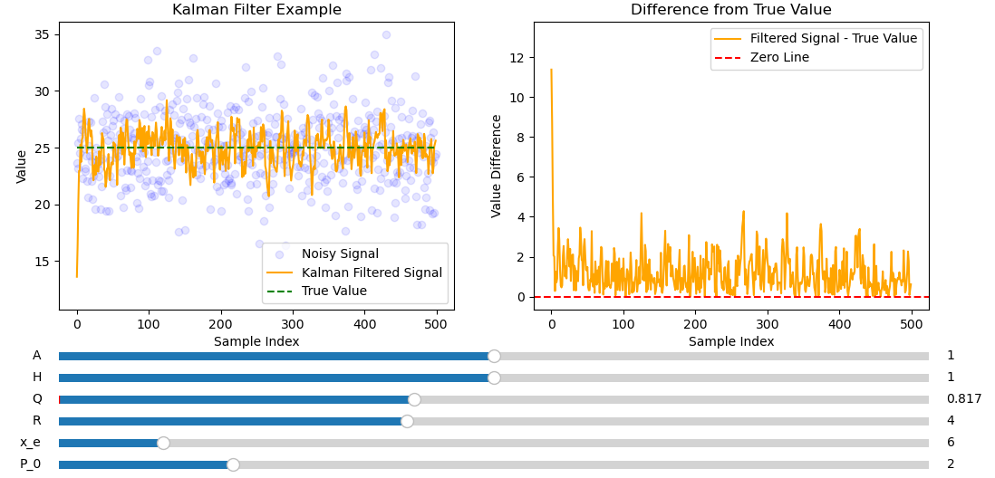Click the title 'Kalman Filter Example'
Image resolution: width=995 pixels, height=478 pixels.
coord(256,10)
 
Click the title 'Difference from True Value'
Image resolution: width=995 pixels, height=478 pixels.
coord(730,10)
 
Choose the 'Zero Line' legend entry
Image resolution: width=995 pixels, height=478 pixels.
coord(779,57)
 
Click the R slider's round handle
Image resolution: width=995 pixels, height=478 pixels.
coord(407,421)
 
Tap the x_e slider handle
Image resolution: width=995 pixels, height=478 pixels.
coord(163,443)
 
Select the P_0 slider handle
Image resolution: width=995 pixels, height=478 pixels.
coord(233,464)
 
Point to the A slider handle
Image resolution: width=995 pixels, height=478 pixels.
coord(494,356)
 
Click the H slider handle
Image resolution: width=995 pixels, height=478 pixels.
coord(494,378)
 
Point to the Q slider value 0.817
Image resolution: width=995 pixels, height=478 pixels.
coord(964,399)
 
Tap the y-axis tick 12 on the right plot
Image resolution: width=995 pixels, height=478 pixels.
coord(518,58)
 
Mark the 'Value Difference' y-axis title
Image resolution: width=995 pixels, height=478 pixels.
coord(497,166)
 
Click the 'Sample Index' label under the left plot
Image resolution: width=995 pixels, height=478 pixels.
coord(256,341)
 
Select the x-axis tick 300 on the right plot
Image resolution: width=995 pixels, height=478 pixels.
coord(768,322)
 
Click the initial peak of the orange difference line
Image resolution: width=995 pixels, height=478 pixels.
coord(551,70)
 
